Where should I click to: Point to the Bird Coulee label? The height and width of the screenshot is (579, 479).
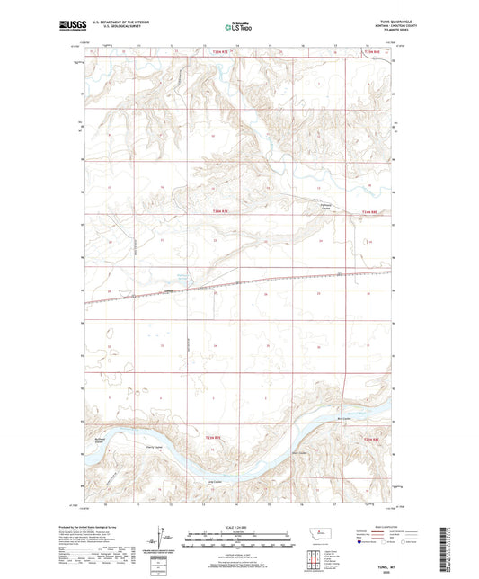343,415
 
